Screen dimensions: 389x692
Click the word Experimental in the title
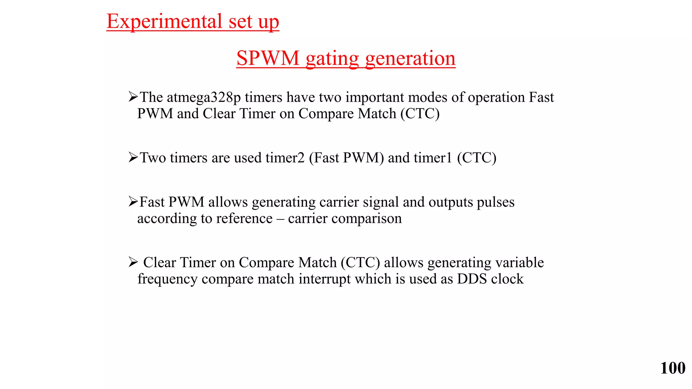(x=164, y=21)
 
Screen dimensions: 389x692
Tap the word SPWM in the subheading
(x=268, y=58)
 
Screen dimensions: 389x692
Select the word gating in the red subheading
(x=332, y=59)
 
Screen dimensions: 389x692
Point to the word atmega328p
(x=204, y=98)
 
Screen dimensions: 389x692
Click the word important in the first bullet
(x=375, y=98)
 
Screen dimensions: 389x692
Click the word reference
(x=244, y=218)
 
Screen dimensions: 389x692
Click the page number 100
(x=672, y=368)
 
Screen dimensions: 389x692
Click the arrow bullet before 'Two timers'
(x=133, y=157)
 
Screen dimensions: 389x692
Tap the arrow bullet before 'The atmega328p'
(x=133, y=97)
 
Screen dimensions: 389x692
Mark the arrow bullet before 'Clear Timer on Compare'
(x=133, y=262)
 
